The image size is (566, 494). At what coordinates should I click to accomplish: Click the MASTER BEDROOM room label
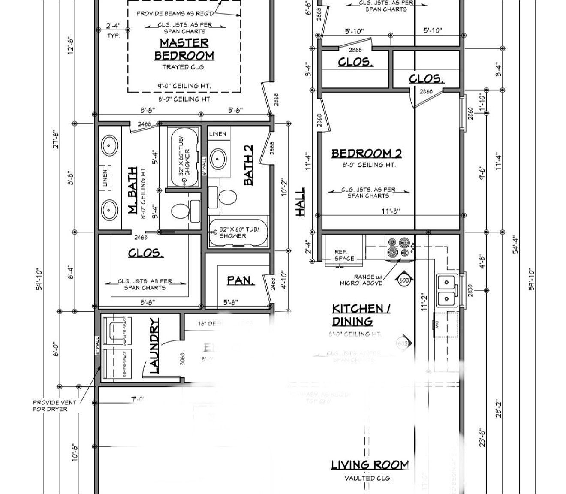[184, 49]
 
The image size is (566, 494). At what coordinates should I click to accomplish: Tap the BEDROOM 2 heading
[367, 153]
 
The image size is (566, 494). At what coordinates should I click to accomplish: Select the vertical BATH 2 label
[248, 165]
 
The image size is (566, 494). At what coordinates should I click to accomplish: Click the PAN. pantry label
[240, 280]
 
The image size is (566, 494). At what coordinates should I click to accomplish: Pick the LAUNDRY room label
[154, 345]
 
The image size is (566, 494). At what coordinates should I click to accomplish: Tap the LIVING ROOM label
[370, 465]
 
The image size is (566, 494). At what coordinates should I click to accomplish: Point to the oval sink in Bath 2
[219, 159]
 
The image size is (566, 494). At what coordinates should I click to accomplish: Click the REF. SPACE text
[344, 255]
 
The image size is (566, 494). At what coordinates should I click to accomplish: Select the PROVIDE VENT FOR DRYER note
[54, 406]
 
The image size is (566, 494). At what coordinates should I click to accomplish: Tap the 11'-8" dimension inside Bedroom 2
[390, 211]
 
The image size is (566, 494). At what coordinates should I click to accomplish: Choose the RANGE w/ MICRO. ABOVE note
[361, 280]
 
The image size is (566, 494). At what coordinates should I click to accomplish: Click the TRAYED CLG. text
[184, 67]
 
